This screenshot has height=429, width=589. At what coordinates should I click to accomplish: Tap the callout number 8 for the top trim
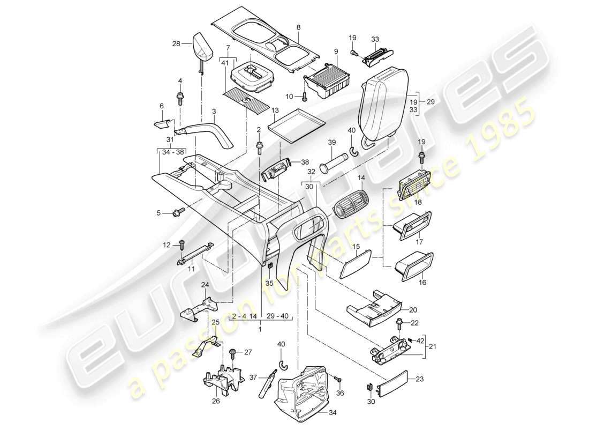299,26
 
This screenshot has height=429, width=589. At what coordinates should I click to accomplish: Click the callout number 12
167,245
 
